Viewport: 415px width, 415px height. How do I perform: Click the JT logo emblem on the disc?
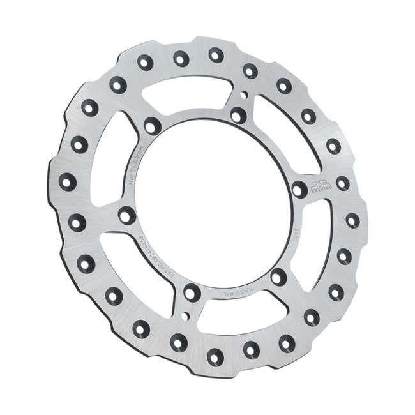321,184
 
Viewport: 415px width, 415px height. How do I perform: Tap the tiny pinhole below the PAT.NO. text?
185,316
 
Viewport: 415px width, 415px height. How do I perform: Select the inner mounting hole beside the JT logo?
299,188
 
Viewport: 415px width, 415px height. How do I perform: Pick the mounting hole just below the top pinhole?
238,116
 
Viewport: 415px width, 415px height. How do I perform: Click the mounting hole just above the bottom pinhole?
192,293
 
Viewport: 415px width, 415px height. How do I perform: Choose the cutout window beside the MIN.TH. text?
116,166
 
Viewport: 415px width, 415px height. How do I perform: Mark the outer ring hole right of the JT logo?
343,183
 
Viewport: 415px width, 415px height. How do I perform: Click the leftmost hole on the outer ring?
68,181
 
